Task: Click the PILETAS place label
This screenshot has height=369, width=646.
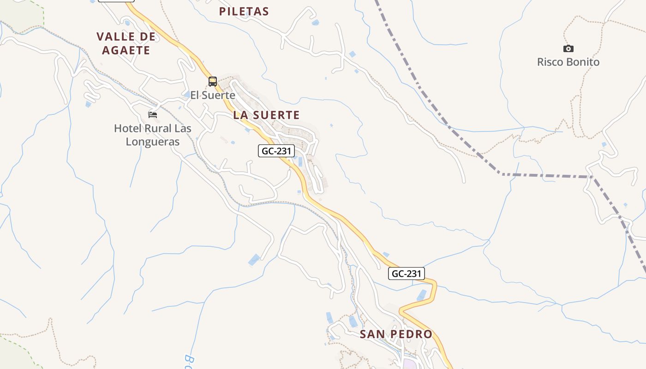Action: pos(244,12)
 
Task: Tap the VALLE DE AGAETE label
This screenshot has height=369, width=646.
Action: pos(123,43)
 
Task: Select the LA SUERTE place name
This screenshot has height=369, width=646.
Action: pos(266,115)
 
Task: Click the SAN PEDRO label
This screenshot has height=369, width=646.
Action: pos(396,334)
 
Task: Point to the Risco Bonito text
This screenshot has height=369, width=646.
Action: pos(568,62)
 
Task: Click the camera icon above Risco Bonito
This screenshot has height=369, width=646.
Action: pos(568,48)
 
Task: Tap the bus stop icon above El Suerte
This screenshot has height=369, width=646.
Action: pos(212,82)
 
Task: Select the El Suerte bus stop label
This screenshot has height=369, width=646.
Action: pos(213,95)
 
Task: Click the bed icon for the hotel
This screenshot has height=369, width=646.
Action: pos(153,114)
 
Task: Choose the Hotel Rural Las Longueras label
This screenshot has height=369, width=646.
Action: pos(153,135)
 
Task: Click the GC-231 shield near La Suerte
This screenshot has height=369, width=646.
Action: pos(276,151)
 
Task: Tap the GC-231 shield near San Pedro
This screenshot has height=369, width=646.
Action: pos(406,274)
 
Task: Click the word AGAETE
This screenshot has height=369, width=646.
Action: pos(126,50)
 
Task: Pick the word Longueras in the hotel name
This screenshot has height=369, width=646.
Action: pos(153,142)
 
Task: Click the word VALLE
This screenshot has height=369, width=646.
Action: pos(115,36)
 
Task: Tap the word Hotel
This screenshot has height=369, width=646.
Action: pos(127,128)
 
